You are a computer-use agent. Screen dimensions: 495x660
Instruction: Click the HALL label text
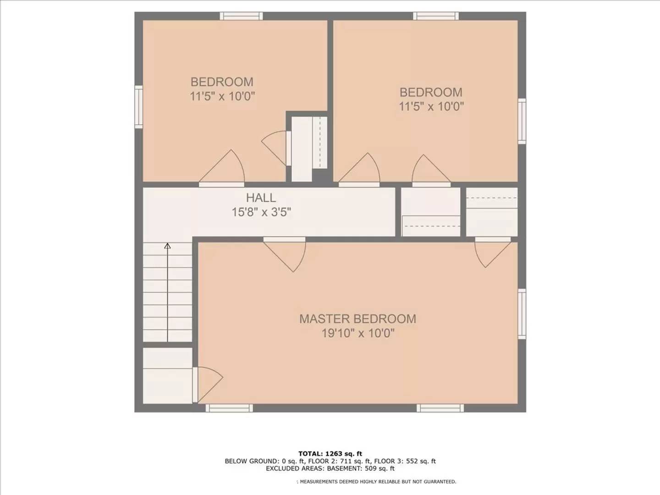[x=261, y=198]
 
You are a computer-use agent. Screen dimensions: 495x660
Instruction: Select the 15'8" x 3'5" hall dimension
[x=261, y=212]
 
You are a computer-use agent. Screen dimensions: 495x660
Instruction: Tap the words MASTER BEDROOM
[x=357, y=319]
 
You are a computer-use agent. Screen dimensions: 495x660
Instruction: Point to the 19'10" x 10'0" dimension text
[x=357, y=333]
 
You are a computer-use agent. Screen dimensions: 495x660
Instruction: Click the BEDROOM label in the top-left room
[x=222, y=82]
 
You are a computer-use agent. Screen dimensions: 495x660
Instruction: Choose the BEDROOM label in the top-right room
[x=431, y=92]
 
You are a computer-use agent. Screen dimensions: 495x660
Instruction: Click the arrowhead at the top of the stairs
[x=167, y=246]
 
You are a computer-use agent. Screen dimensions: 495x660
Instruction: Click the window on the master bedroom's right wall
[x=522, y=313]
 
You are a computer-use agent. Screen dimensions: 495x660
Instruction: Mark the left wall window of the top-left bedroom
[x=138, y=106]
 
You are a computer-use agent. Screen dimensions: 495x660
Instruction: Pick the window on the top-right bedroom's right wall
[x=522, y=121]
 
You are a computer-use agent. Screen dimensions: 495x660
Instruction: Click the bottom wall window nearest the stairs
[x=229, y=408]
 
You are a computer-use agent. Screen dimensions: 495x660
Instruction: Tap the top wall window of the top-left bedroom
[x=241, y=16]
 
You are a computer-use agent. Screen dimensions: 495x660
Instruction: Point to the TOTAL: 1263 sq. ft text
[x=330, y=454]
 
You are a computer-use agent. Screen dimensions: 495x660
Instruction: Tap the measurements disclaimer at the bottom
[x=377, y=482]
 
